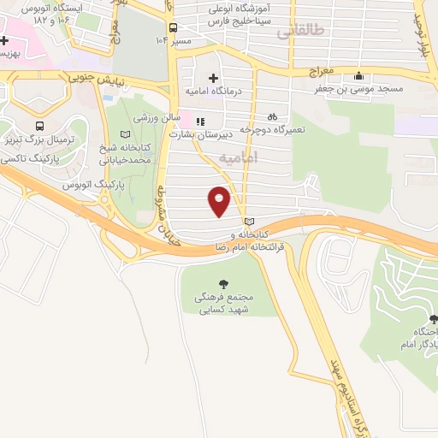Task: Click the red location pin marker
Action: [x=219, y=200]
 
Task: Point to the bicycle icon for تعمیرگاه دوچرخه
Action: [x=272, y=116]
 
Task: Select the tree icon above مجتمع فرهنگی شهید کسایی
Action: [x=224, y=283]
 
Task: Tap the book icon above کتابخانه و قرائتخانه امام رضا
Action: [x=249, y=222]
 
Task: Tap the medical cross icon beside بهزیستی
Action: [x=5, y=40]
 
